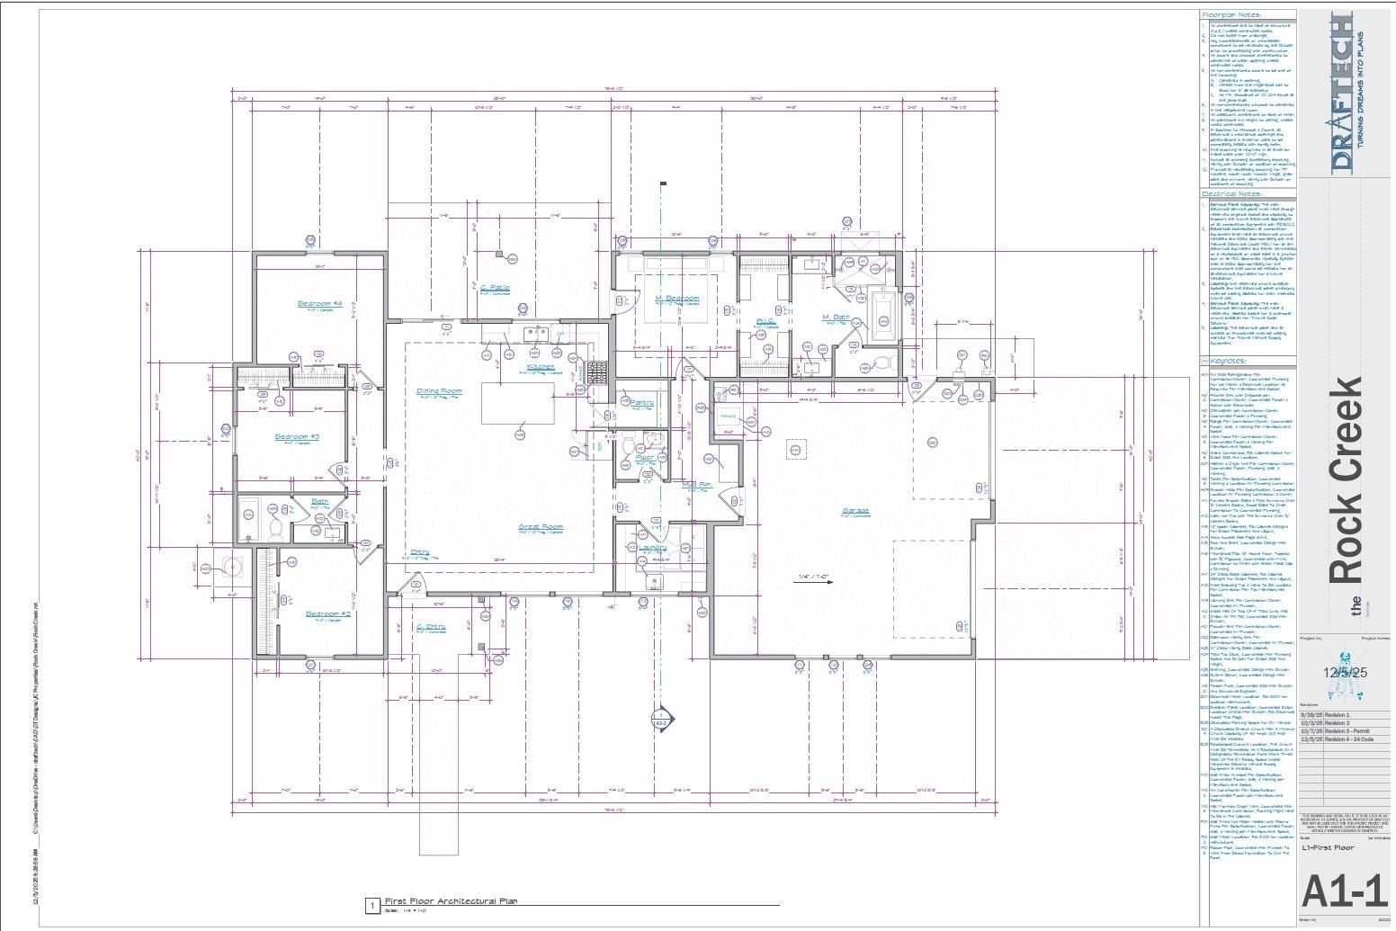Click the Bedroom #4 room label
[x=320, y=304]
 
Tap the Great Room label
[x=541, y=527]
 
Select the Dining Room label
[x=439, y=391]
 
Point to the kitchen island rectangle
[x=517, y=403]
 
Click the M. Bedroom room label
[x=676, y=299]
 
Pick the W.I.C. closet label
[x=765, y=321]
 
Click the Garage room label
[x=855, y=511]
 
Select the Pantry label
[x=642, y=403]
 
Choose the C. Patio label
[x=496, y=289]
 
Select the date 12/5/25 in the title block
[x=1345, y=672]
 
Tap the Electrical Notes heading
[x=1231, y=193]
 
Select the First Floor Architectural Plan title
[x=451, y=900]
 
